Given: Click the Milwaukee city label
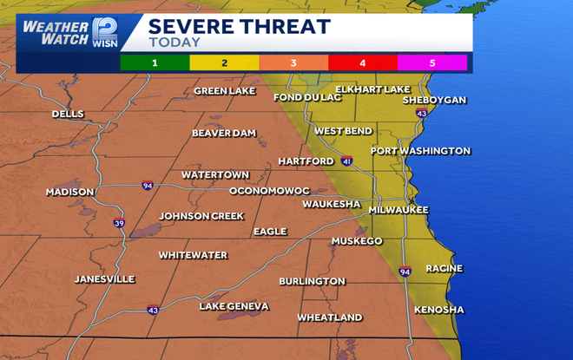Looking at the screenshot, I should (x=398, y=210).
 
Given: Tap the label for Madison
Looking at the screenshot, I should (x=70, y=192).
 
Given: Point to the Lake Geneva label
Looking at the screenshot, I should (x=234, y=306).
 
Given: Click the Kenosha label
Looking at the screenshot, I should (x=438, y=310).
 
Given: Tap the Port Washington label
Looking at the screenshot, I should (x=420, y=151).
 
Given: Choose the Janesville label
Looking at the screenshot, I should (x=104, y=279).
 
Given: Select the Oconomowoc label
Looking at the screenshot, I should (x=269, y=190).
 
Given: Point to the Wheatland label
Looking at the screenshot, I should (x=330, y=317).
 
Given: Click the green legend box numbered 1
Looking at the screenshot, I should (x=155, y=62).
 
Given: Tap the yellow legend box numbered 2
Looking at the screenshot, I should (x=224, y=62).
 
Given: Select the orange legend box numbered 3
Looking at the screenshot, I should (x=293, y=62).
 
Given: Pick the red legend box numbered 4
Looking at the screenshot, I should (x=363, y=62).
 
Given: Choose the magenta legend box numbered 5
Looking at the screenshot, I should (x=432, y=62).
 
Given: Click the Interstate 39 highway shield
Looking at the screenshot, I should (x=118, y=223).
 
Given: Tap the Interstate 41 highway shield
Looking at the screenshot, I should (x=346, y=161).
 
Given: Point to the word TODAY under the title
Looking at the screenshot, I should (x=175, y=42).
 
